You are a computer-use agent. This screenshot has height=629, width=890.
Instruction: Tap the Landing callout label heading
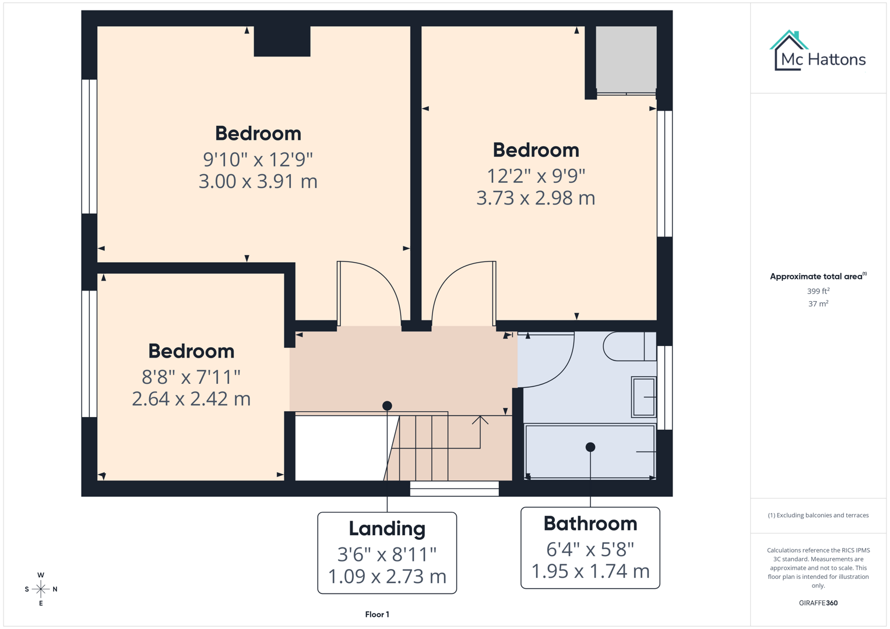(387, 529)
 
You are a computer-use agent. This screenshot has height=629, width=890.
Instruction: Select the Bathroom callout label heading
(590, 524)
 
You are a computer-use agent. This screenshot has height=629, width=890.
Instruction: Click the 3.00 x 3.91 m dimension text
(258, 182)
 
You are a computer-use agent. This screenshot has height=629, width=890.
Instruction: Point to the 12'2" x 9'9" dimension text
(536, 175)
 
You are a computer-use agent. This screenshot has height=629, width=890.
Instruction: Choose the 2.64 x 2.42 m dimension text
(191, 399)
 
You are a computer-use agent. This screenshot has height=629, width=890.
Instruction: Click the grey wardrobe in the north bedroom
(626, 59)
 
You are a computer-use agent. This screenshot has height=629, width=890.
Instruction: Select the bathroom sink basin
(643, 397)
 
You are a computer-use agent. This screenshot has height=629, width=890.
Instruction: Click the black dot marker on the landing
(387, 405)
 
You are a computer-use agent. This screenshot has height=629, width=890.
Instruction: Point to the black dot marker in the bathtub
(590, 447)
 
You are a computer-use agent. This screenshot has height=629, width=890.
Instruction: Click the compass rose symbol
(41, 589)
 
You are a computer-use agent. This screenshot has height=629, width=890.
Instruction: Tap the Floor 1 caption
(377, 614)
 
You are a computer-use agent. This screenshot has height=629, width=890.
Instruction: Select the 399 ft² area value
(818, 291)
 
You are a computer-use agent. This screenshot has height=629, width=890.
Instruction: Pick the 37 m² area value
(818, 303)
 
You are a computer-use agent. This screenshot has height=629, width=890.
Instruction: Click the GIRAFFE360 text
(818, 603)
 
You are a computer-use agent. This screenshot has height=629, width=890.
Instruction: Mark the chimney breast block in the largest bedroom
(282, 41)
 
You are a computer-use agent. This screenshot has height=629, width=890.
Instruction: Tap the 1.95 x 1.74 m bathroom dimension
(590, 571)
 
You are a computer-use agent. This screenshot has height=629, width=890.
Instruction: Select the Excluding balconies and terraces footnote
(818, 515)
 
